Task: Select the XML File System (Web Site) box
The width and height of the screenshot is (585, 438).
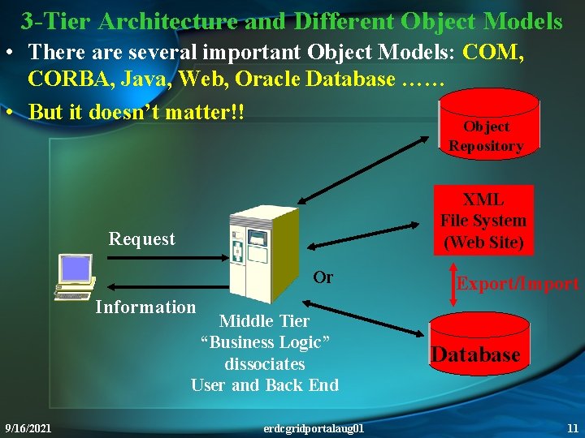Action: click(483, 220)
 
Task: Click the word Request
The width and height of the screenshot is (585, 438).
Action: click(142, 238)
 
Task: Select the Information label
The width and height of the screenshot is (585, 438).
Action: click(145, 307)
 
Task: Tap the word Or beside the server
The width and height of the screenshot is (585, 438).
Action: click(323, 277)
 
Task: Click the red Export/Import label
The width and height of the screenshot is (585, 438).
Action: click(518, 283)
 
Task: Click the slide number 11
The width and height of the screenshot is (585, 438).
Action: click(572, 427)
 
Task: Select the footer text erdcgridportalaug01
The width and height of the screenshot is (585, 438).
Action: click(314, 427)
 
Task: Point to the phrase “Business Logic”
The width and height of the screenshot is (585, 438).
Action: click(265, 342)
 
